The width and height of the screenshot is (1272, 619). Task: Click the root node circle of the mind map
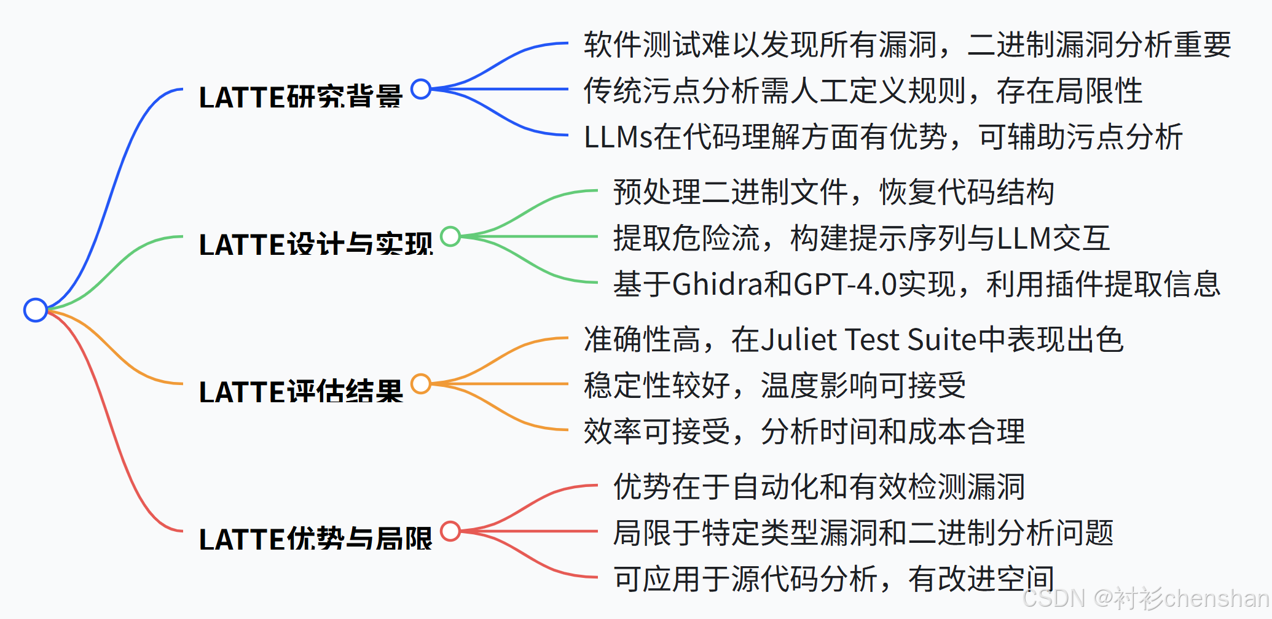pos(36,310)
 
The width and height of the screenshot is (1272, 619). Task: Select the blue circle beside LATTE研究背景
pos(421,89)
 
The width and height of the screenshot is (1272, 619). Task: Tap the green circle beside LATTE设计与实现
pos(450,236)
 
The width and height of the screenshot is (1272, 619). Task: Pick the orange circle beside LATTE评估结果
pos(421,384)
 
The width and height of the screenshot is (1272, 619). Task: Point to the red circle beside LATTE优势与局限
pos(450,531)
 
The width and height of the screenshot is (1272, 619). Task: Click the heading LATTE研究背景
pos(300,97)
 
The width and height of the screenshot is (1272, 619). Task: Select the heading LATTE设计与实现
pos(316,244)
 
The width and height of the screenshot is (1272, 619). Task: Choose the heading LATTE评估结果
pos(300,392)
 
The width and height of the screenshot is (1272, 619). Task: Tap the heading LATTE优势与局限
pos(316,539)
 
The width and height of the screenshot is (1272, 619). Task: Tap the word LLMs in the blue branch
pos(618,137)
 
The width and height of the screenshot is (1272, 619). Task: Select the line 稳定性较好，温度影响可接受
pos(774,386)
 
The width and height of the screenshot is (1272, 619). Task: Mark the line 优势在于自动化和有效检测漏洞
pos(819,487)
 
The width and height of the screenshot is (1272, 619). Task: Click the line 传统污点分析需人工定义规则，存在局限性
pos(863,91)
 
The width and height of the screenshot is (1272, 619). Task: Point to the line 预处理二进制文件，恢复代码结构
pos(833,192)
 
